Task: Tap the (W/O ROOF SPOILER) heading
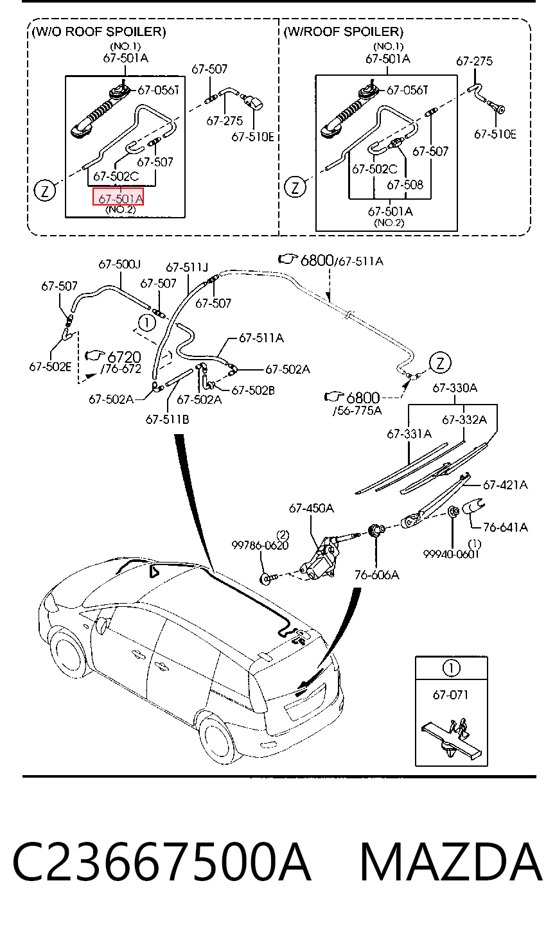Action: tap(98, 31)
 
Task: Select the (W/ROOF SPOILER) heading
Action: tap(343, 31)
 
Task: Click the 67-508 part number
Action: tap(405, 184)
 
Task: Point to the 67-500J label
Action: tap(119, 264)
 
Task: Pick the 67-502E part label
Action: tap(50, 367)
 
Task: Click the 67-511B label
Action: tap(167, 419)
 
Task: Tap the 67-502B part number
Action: tap(253, 390)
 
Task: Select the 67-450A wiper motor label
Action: tap(311, 508)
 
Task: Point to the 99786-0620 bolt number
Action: tap(260, 545)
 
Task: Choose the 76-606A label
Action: tap(376, 575)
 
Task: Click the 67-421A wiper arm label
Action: tap(506, 485)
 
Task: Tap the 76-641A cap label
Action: tap(506, 527)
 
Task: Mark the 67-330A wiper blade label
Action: tap(455, 388)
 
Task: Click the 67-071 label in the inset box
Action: tap(450, 695)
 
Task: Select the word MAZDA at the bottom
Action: tap(451, 862)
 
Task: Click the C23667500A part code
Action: tap(162, 862)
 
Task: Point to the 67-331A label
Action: tap(409, 433)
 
